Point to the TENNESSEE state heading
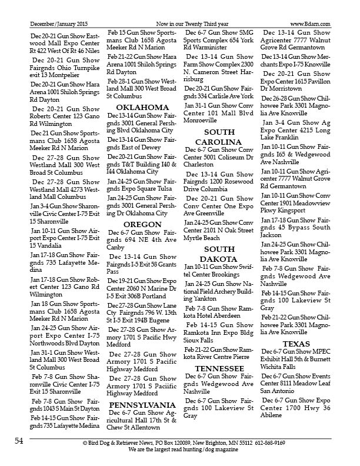[219, 368]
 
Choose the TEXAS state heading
[296, 343]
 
